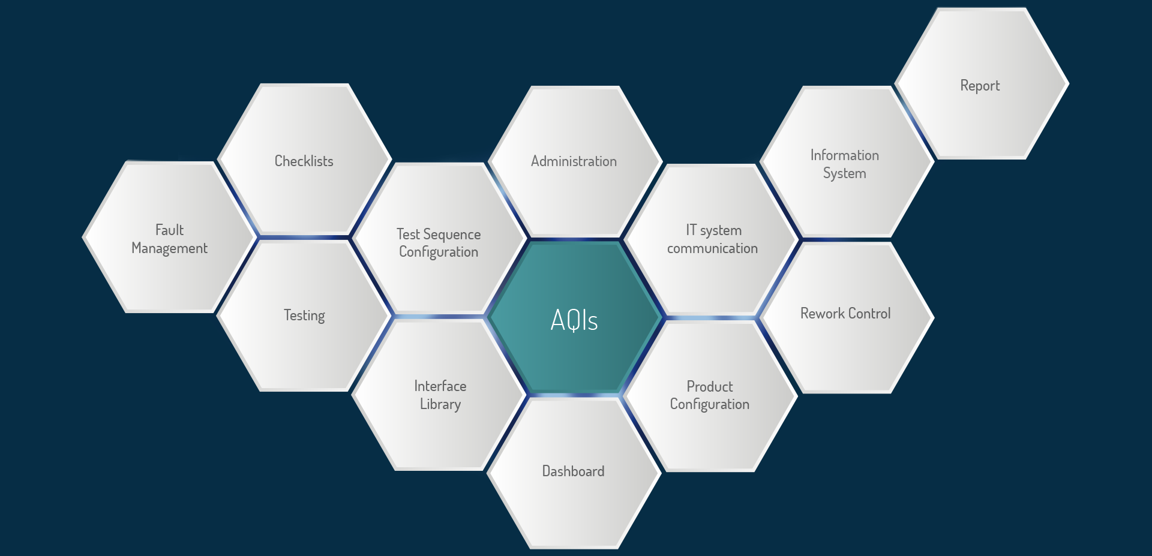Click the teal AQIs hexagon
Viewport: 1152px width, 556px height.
tap(575, 318)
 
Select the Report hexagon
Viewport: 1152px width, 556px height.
tap(982, 83)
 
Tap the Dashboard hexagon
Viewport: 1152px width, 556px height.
tap(574, 473)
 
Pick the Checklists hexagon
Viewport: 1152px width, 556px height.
tap(304, 160)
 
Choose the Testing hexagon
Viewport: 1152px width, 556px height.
tap(304, 315)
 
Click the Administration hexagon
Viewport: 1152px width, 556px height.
tap(575, 161)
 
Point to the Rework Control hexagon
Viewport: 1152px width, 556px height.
tap(847, 317)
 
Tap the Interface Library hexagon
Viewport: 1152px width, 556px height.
tap(440, 395)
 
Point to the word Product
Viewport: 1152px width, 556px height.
tap(710, 386)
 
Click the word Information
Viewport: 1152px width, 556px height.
tap(845, 155)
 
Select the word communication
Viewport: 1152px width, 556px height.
tap(712, 248)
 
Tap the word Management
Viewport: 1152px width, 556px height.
tap(169, 248)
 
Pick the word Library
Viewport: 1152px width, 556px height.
tap(440, 404)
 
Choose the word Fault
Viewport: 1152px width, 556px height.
tap(169, 230)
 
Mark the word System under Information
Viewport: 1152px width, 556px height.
tap(844, 173)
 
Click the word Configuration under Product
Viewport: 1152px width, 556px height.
tap(710, 404)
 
